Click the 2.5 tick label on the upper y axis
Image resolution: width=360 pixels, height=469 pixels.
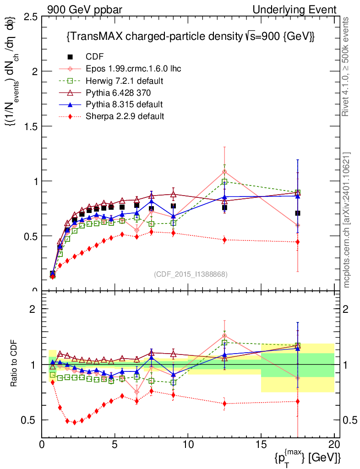tap(32, 17)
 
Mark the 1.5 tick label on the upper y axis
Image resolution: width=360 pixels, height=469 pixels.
tap(32, 126)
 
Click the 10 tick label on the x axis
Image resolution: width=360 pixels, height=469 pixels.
tap(188, 444)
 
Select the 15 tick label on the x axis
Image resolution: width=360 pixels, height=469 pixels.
tap(261, 444)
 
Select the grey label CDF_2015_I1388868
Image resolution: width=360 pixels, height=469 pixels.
tap(190, 274)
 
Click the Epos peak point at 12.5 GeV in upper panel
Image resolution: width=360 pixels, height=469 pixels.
tap(224, 172)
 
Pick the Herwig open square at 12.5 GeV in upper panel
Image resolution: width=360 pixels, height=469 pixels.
tap(224, 181)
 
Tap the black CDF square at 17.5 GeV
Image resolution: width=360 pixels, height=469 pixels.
tap(298, 213)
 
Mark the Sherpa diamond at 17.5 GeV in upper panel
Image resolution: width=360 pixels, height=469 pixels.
tap(298, 242)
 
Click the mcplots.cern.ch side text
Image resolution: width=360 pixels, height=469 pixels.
tap(347, 220)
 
